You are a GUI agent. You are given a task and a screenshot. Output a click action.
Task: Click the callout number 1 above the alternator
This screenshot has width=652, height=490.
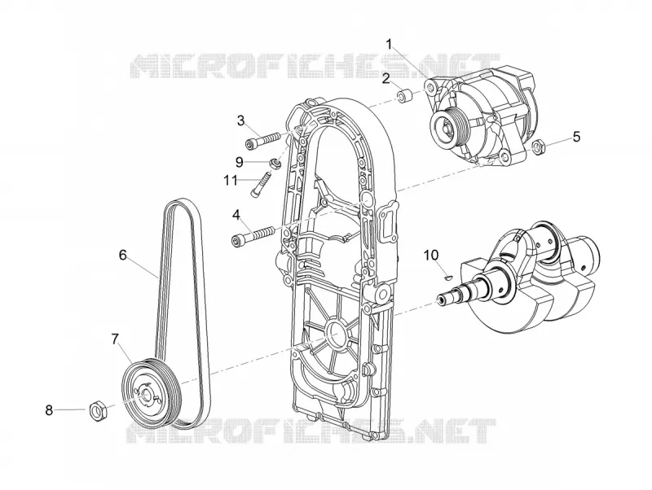(x=390, y=45)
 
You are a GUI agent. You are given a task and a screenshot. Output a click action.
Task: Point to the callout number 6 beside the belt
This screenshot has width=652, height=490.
(x=123, y=255)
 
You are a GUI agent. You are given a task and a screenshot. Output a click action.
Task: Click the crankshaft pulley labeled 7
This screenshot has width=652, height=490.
(x=152, y=392)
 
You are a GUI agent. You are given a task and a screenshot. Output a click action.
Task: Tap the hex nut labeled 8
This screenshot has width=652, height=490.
(x=99, y=409)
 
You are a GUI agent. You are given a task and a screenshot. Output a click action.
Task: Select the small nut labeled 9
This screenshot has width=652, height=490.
(x=275, y=163)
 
